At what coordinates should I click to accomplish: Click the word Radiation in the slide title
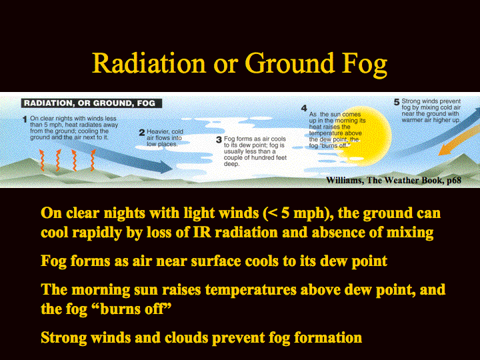[149, 63]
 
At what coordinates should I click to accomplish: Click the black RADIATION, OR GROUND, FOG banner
[91, 103]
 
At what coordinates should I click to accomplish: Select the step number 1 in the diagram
[25, 119]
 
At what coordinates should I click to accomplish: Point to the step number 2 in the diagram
[142, 133]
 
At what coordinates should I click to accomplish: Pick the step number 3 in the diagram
[219, 140]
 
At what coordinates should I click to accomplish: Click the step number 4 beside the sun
[304, 108]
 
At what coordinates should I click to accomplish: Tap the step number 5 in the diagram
[397, 102]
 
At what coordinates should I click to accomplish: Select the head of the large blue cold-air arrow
[165, 167]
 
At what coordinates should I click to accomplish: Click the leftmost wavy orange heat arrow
[41, 161]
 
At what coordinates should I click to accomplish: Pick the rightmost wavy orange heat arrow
[93, 161]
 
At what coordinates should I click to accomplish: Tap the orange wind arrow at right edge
[458, 140]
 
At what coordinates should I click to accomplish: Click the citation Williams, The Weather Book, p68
[393, 180]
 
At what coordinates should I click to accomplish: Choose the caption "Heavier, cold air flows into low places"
[165, 138]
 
